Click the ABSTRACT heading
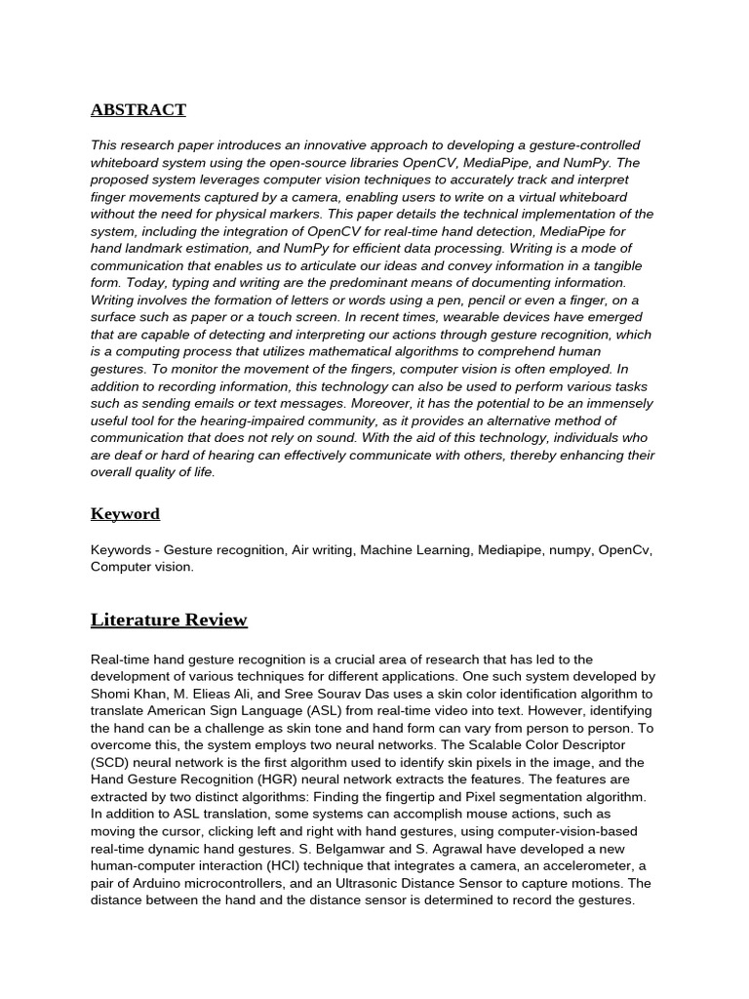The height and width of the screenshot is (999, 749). click(x=138, y=110)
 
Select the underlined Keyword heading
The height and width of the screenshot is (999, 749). click(x=125, y=513)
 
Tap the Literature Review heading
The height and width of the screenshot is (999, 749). click(x=169, y=620)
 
